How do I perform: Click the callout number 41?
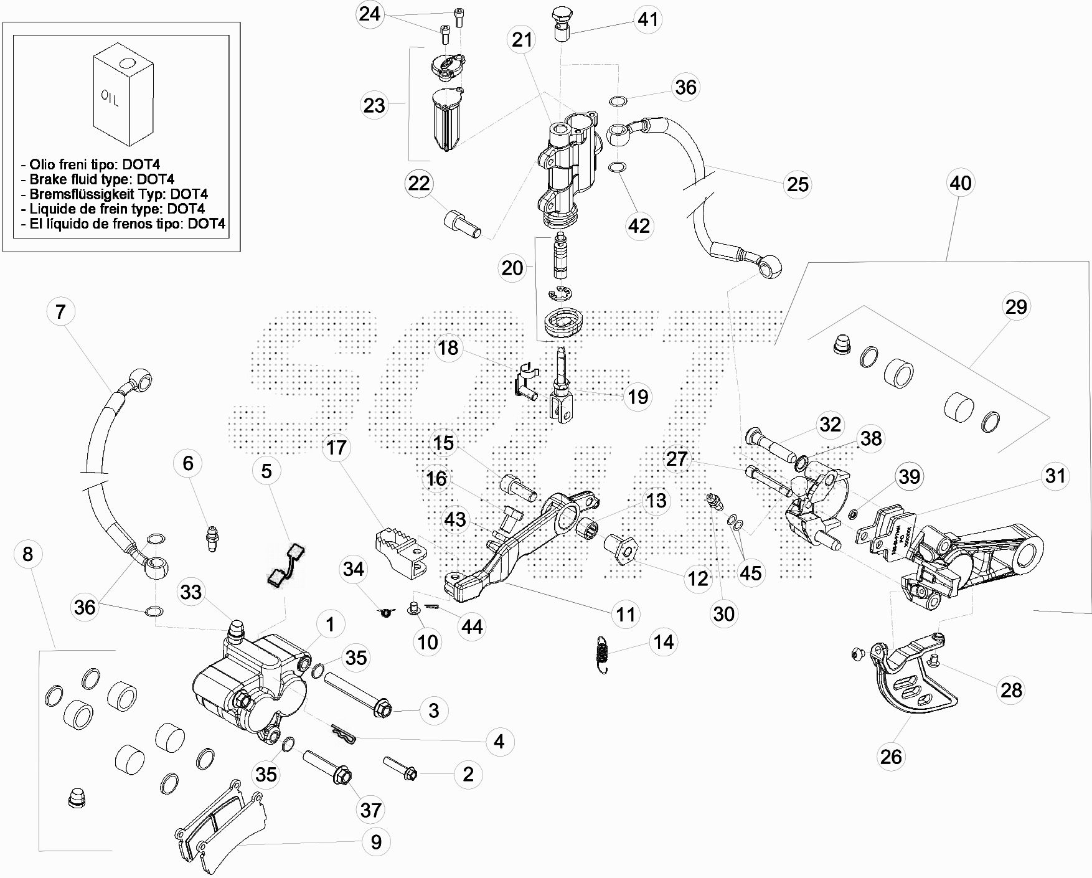648,19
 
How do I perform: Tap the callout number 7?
60,311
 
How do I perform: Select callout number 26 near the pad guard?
891,757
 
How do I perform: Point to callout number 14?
664,641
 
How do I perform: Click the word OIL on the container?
110,98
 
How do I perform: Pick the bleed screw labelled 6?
212,537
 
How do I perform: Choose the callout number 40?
960,183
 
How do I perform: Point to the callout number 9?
376,842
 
